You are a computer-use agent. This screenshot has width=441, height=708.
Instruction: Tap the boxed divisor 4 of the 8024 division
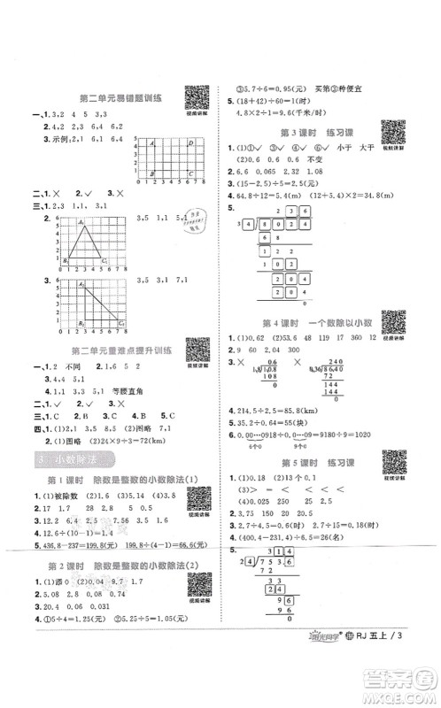point(242,226)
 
